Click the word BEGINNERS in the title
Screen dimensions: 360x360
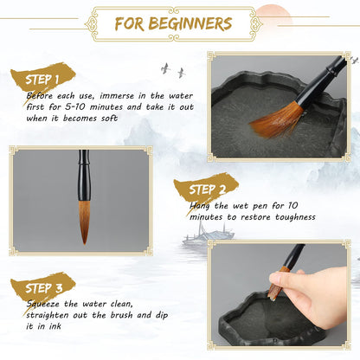(190, 23)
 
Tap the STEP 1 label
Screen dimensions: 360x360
(42, 80)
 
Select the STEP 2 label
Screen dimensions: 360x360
(207, 190)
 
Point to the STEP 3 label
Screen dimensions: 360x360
(43, 288)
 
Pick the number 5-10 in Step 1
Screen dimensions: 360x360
(75, 107)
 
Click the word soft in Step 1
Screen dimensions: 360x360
(109, 119)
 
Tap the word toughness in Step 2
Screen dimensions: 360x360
(295, 217)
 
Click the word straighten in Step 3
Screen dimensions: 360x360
(48, 315)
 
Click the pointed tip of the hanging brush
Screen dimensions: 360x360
(85, 244)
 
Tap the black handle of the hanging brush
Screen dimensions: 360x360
(84, 176)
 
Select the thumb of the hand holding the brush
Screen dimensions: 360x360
(283, 279)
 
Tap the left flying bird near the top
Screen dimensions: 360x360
(165, 68)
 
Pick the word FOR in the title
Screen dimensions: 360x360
(129, 24)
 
